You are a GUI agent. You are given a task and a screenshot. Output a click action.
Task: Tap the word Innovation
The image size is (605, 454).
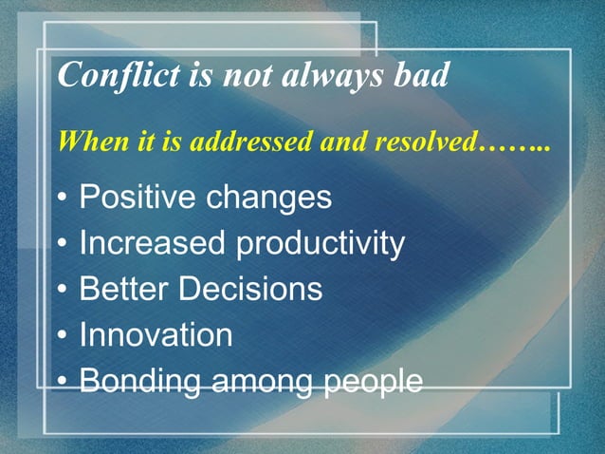click(156, 335)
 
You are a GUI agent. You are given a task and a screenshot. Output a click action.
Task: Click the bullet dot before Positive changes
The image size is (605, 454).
click(62, 200)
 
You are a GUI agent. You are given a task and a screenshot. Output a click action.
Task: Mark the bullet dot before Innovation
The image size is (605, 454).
click(62, 337)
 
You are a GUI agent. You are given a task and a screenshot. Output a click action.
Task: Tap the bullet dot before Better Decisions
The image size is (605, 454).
click(62, 292)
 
